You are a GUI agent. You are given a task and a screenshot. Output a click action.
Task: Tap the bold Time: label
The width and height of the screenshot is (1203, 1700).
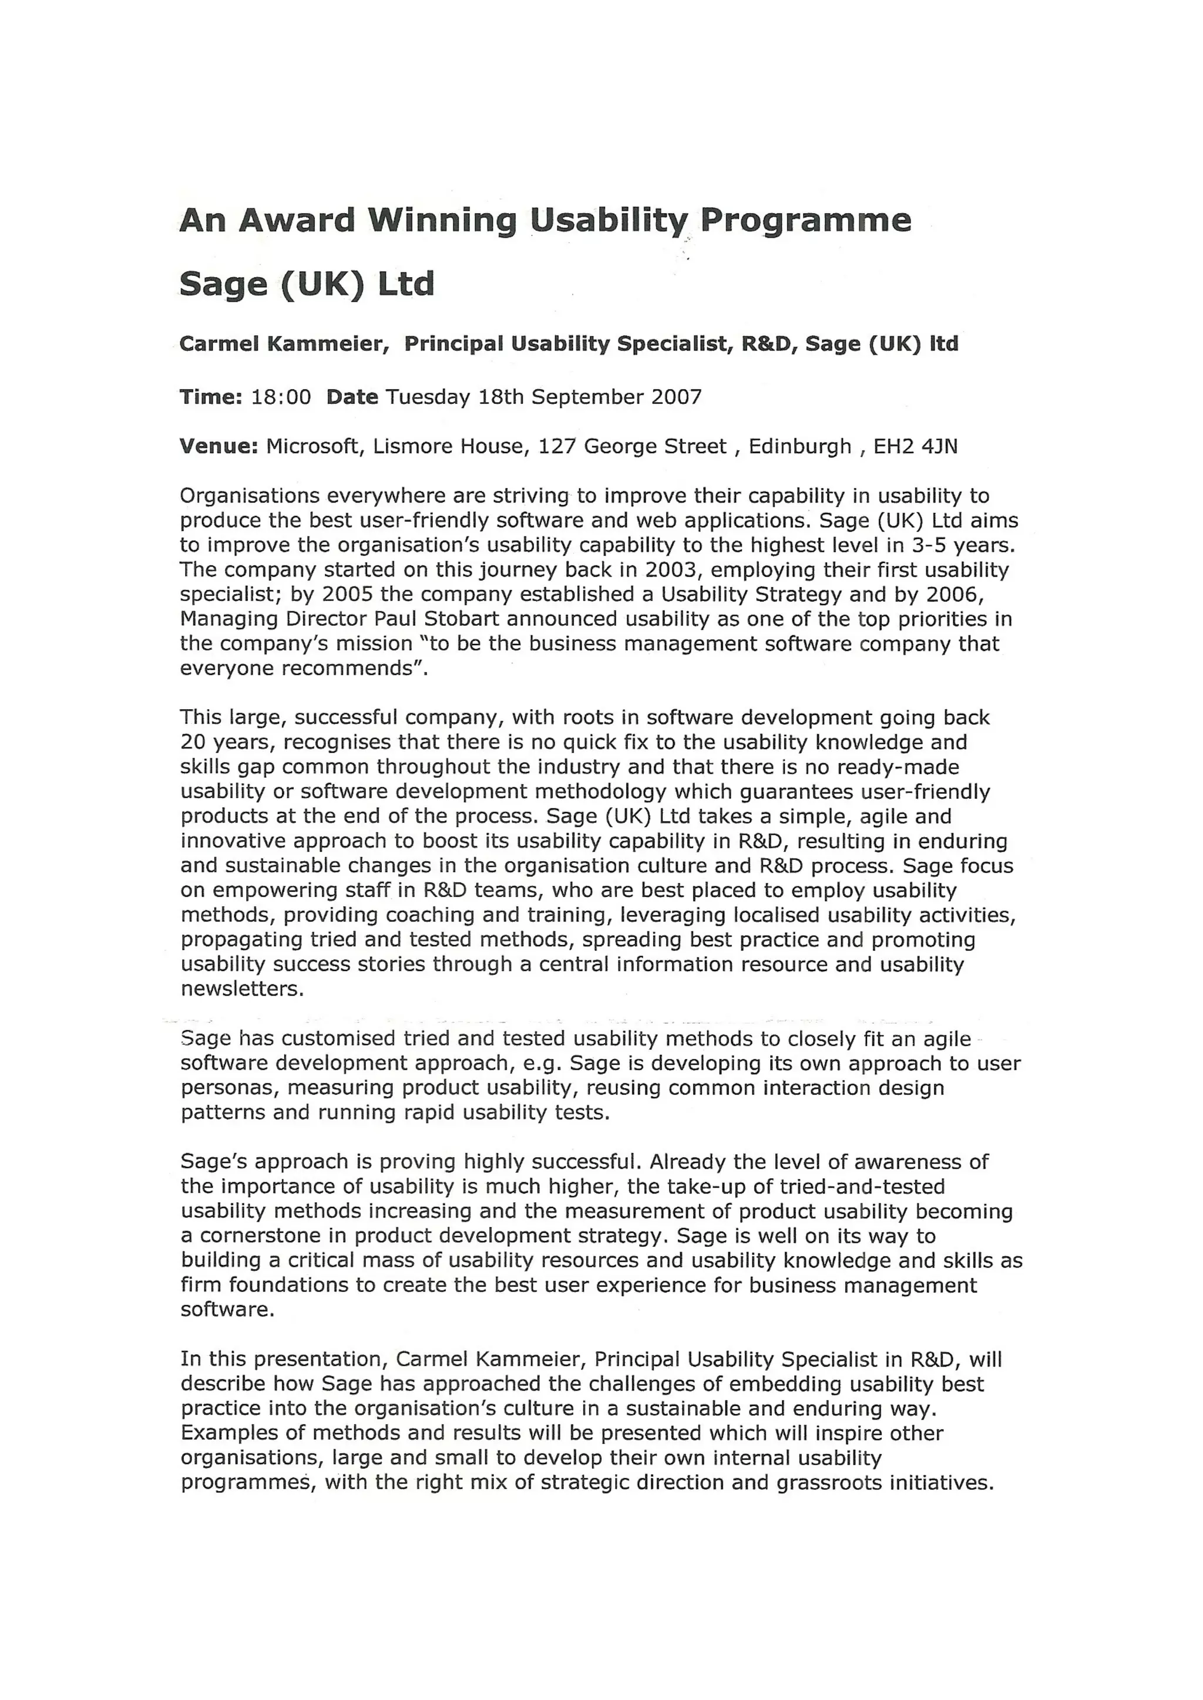211,397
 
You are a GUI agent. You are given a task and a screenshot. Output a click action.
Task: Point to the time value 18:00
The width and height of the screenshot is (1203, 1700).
281,397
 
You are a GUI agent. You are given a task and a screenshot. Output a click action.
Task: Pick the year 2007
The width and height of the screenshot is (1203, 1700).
676,397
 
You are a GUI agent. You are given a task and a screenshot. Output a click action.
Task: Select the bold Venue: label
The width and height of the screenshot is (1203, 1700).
219,447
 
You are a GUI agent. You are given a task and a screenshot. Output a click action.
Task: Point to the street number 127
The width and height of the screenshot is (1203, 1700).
557,447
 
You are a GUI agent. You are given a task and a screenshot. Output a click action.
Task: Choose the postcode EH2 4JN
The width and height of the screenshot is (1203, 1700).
916,447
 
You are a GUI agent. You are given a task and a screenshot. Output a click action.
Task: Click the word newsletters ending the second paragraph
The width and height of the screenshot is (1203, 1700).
241,989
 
